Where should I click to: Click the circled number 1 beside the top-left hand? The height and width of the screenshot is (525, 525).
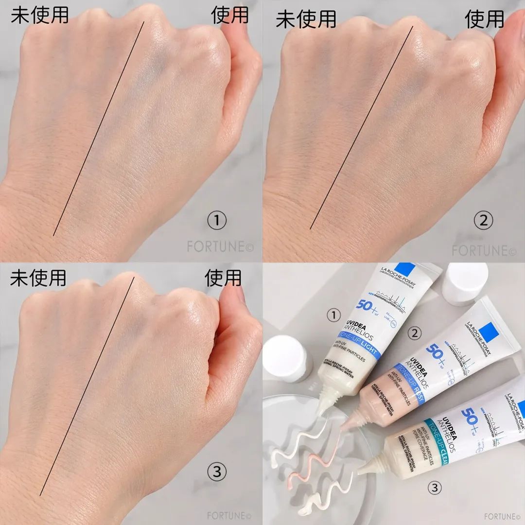(x=217, y=222)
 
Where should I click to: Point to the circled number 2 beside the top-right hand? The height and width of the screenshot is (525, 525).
(x=483, y=222)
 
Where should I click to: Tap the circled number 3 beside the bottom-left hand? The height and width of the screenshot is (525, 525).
(x=217, y=470)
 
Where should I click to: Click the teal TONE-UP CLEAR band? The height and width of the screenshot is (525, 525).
(x=437, y=436)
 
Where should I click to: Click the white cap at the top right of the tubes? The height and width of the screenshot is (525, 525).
(x=465, y=283)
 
